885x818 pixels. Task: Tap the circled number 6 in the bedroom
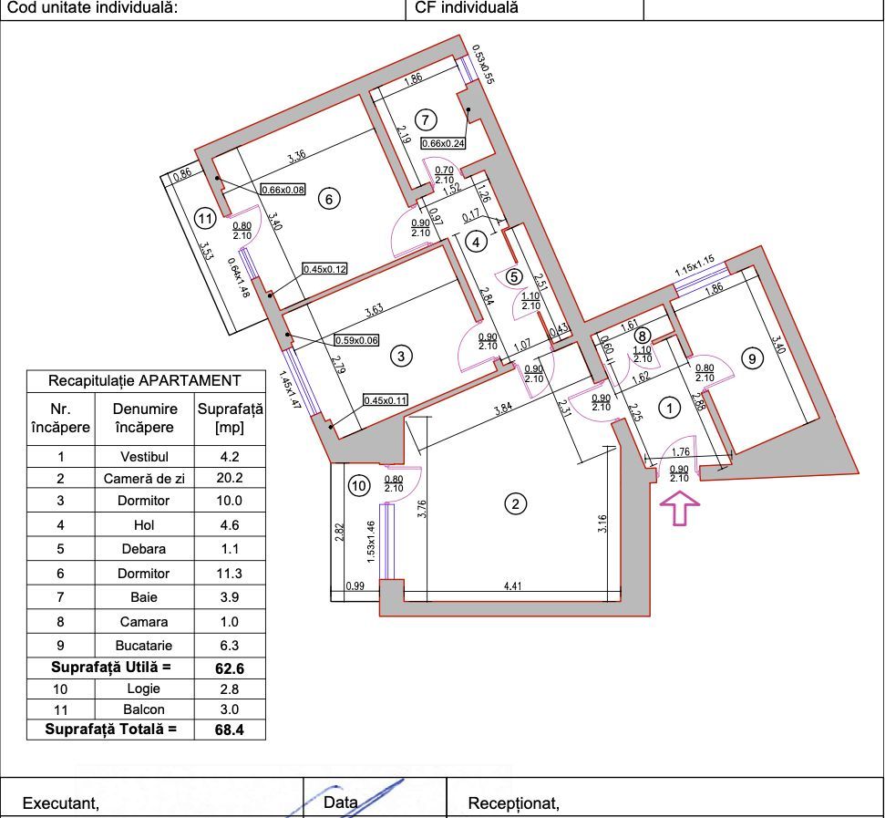330,198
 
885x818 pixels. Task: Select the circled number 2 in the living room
516,504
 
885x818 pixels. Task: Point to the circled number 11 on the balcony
207,218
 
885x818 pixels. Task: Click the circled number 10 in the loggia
360,487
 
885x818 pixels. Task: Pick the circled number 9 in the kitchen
753,359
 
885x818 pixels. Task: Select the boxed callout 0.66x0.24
443,142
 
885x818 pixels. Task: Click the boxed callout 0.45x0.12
325,269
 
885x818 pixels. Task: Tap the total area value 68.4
230,730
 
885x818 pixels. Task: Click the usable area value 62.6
230,668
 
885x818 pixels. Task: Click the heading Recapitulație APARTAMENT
145,380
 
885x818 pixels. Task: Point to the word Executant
60,803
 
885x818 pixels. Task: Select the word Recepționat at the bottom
513,803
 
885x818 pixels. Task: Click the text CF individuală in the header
466,8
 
